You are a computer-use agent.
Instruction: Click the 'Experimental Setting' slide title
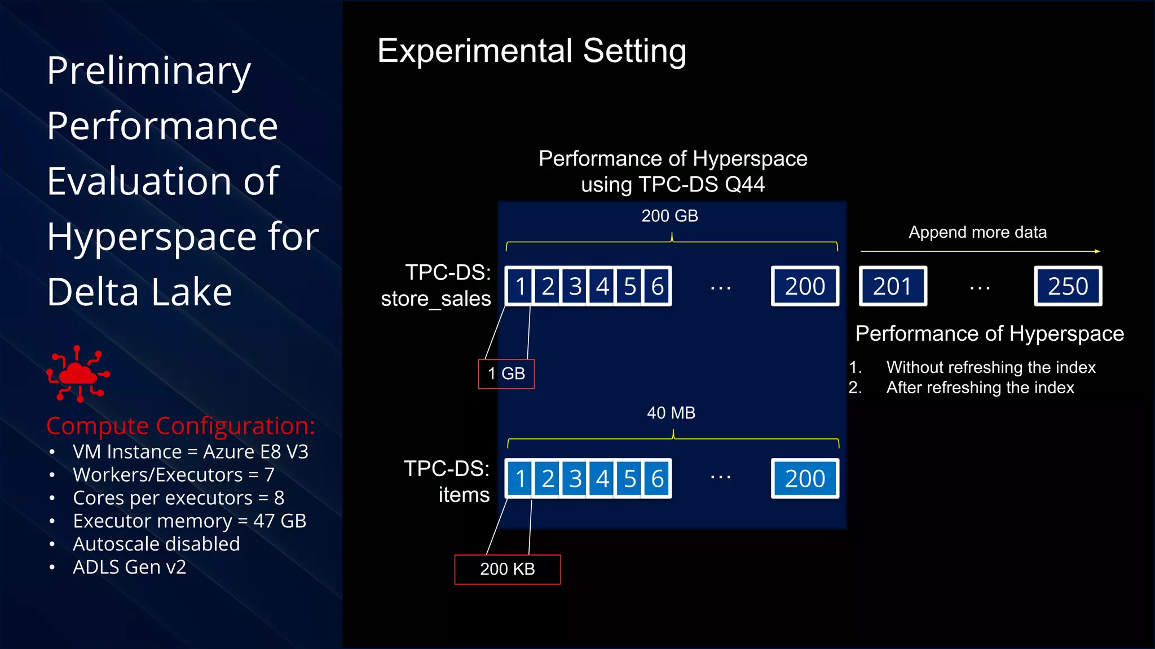pos(532,51)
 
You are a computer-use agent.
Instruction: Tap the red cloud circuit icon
pos(78,374)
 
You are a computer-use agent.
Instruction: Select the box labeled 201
pos(893,286)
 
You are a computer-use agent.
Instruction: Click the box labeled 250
pos(1068,286)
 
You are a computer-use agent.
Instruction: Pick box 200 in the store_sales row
pos(805,286)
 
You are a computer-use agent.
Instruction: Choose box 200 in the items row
pos(805,479)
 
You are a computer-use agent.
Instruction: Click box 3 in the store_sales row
pos(575,286)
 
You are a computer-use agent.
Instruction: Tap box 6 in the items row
pos(657,479)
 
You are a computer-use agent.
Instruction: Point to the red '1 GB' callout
pos(506,374)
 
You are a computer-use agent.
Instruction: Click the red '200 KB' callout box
pos(508,569)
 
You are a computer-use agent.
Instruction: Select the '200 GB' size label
pos(670,216)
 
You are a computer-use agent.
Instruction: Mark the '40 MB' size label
pos(671,413)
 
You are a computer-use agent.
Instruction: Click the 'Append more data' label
pos(977,232)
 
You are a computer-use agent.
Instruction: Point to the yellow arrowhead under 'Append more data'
pos(1097,251)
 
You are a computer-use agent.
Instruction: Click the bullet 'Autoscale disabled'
pos(156,544)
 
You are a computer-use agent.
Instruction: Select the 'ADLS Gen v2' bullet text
pos(129,567)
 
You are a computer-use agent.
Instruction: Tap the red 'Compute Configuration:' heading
pos(180,426)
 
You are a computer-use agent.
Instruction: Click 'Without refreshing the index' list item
pos(991,367)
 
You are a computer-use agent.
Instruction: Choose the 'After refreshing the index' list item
pos(980,388)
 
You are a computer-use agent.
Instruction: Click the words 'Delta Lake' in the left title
pos(139,292)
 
